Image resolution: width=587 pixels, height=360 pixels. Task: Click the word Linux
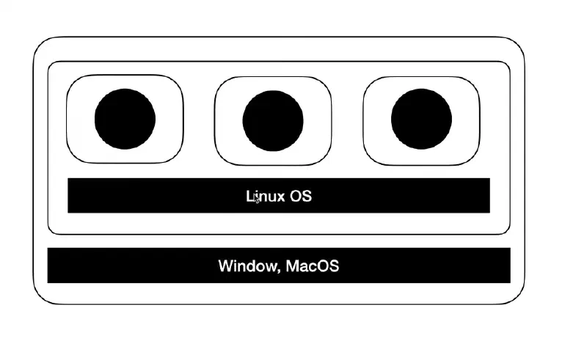click(265, 196)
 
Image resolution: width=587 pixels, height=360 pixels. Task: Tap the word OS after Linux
click(301, 196)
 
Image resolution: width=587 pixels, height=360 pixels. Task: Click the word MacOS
click(313, 265)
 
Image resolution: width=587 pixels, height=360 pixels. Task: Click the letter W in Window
click(225, 265)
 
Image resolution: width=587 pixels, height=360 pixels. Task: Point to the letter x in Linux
click(280, 196)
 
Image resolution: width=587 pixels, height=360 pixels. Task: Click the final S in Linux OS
click(307, 196)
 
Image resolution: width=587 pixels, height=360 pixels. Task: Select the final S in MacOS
click(334, 265)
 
